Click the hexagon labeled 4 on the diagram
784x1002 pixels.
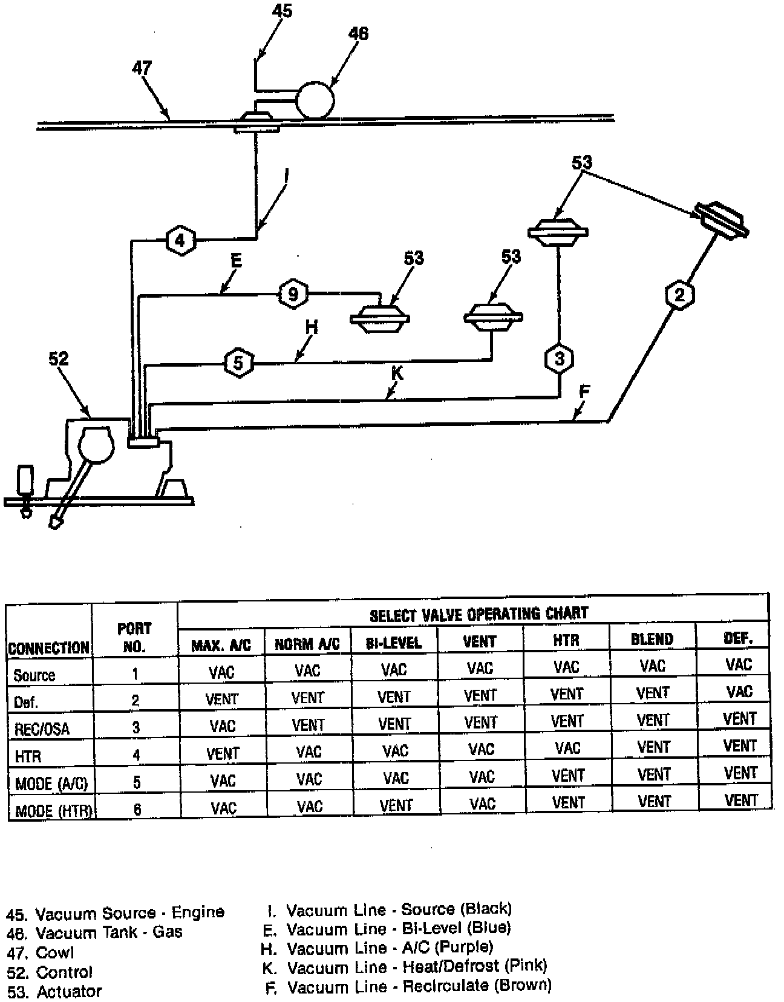[180, 240]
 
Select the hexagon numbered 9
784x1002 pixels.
[293, 295]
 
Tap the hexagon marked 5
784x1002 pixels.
[238, 362]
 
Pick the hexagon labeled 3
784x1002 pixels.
[559, 359]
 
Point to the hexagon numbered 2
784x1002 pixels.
[679, 295]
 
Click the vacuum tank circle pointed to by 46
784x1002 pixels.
[315, 99]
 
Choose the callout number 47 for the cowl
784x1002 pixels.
[142, 68]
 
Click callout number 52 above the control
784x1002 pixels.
[59, 359]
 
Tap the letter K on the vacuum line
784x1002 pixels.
[397, 373]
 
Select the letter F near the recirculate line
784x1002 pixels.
[584, 392]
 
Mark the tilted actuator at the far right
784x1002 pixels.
[721, 219]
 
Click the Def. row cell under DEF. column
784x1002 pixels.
[739, 692]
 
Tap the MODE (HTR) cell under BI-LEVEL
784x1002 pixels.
[396, 805]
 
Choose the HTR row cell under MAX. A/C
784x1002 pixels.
[223, 753]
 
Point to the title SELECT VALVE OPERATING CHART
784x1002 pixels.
[479, 614]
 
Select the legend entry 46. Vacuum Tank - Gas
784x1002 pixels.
[94, 932]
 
